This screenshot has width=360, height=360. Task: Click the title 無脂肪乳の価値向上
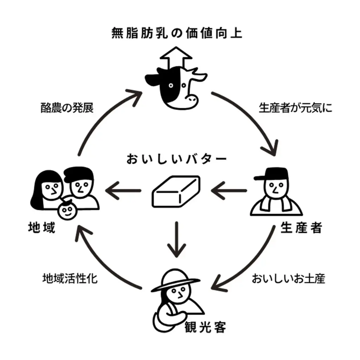[177, 34]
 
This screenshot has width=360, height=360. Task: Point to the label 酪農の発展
[67, 108]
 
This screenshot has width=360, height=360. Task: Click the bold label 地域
[41, 228]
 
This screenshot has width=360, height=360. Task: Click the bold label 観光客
[205, 327]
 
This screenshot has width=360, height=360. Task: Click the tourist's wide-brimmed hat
[175, 280]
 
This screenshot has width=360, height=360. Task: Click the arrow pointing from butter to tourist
[175, 239]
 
